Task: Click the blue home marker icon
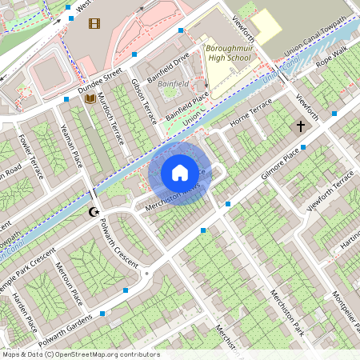click(x=180, y=173)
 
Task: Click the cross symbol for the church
click(x=301, y=126)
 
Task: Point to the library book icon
click(x=90, y=98)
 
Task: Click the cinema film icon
click(x=95, y=23)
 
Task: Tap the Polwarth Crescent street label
click(x=122, y=242)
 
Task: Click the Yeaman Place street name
click(x=71, y=146)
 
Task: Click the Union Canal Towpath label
click(x=317, y=35)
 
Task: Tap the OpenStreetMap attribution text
click(x=80, y=354)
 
